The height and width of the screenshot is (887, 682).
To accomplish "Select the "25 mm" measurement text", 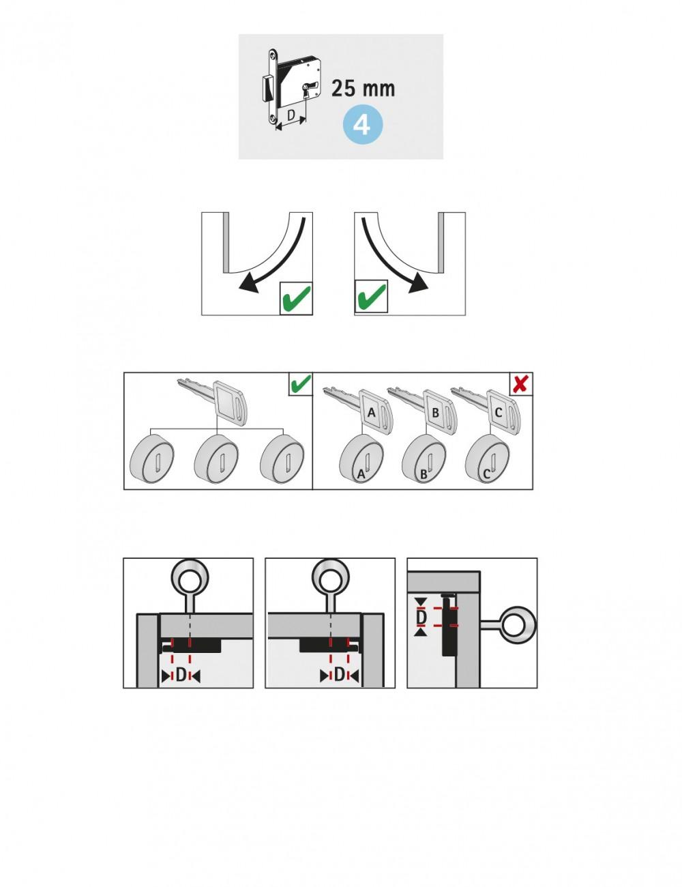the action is point(363,89).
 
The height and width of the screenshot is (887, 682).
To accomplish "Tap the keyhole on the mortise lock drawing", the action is point(305,91).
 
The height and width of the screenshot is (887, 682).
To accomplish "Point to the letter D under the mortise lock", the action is point(291,115).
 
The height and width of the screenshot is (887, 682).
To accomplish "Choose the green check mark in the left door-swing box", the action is point(296,298).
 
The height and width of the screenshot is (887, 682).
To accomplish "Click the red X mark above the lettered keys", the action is point(521,383).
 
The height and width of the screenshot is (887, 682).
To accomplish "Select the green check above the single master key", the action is point(300,383).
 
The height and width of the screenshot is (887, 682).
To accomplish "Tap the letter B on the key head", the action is point(435,413).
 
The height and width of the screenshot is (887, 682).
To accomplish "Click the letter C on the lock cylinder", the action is point(486,474).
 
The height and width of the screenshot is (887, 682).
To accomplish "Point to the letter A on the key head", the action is point(371,413).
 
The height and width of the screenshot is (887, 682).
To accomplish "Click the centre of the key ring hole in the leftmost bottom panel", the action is point(190,580).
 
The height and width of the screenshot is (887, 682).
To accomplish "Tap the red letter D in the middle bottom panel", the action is point(339,675).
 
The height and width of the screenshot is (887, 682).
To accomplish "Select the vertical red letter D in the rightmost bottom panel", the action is point(421,618).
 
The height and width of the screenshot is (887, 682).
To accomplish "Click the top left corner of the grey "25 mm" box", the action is point(239,34).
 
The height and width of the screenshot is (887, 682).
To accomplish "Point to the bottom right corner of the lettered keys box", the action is point(533,489).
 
